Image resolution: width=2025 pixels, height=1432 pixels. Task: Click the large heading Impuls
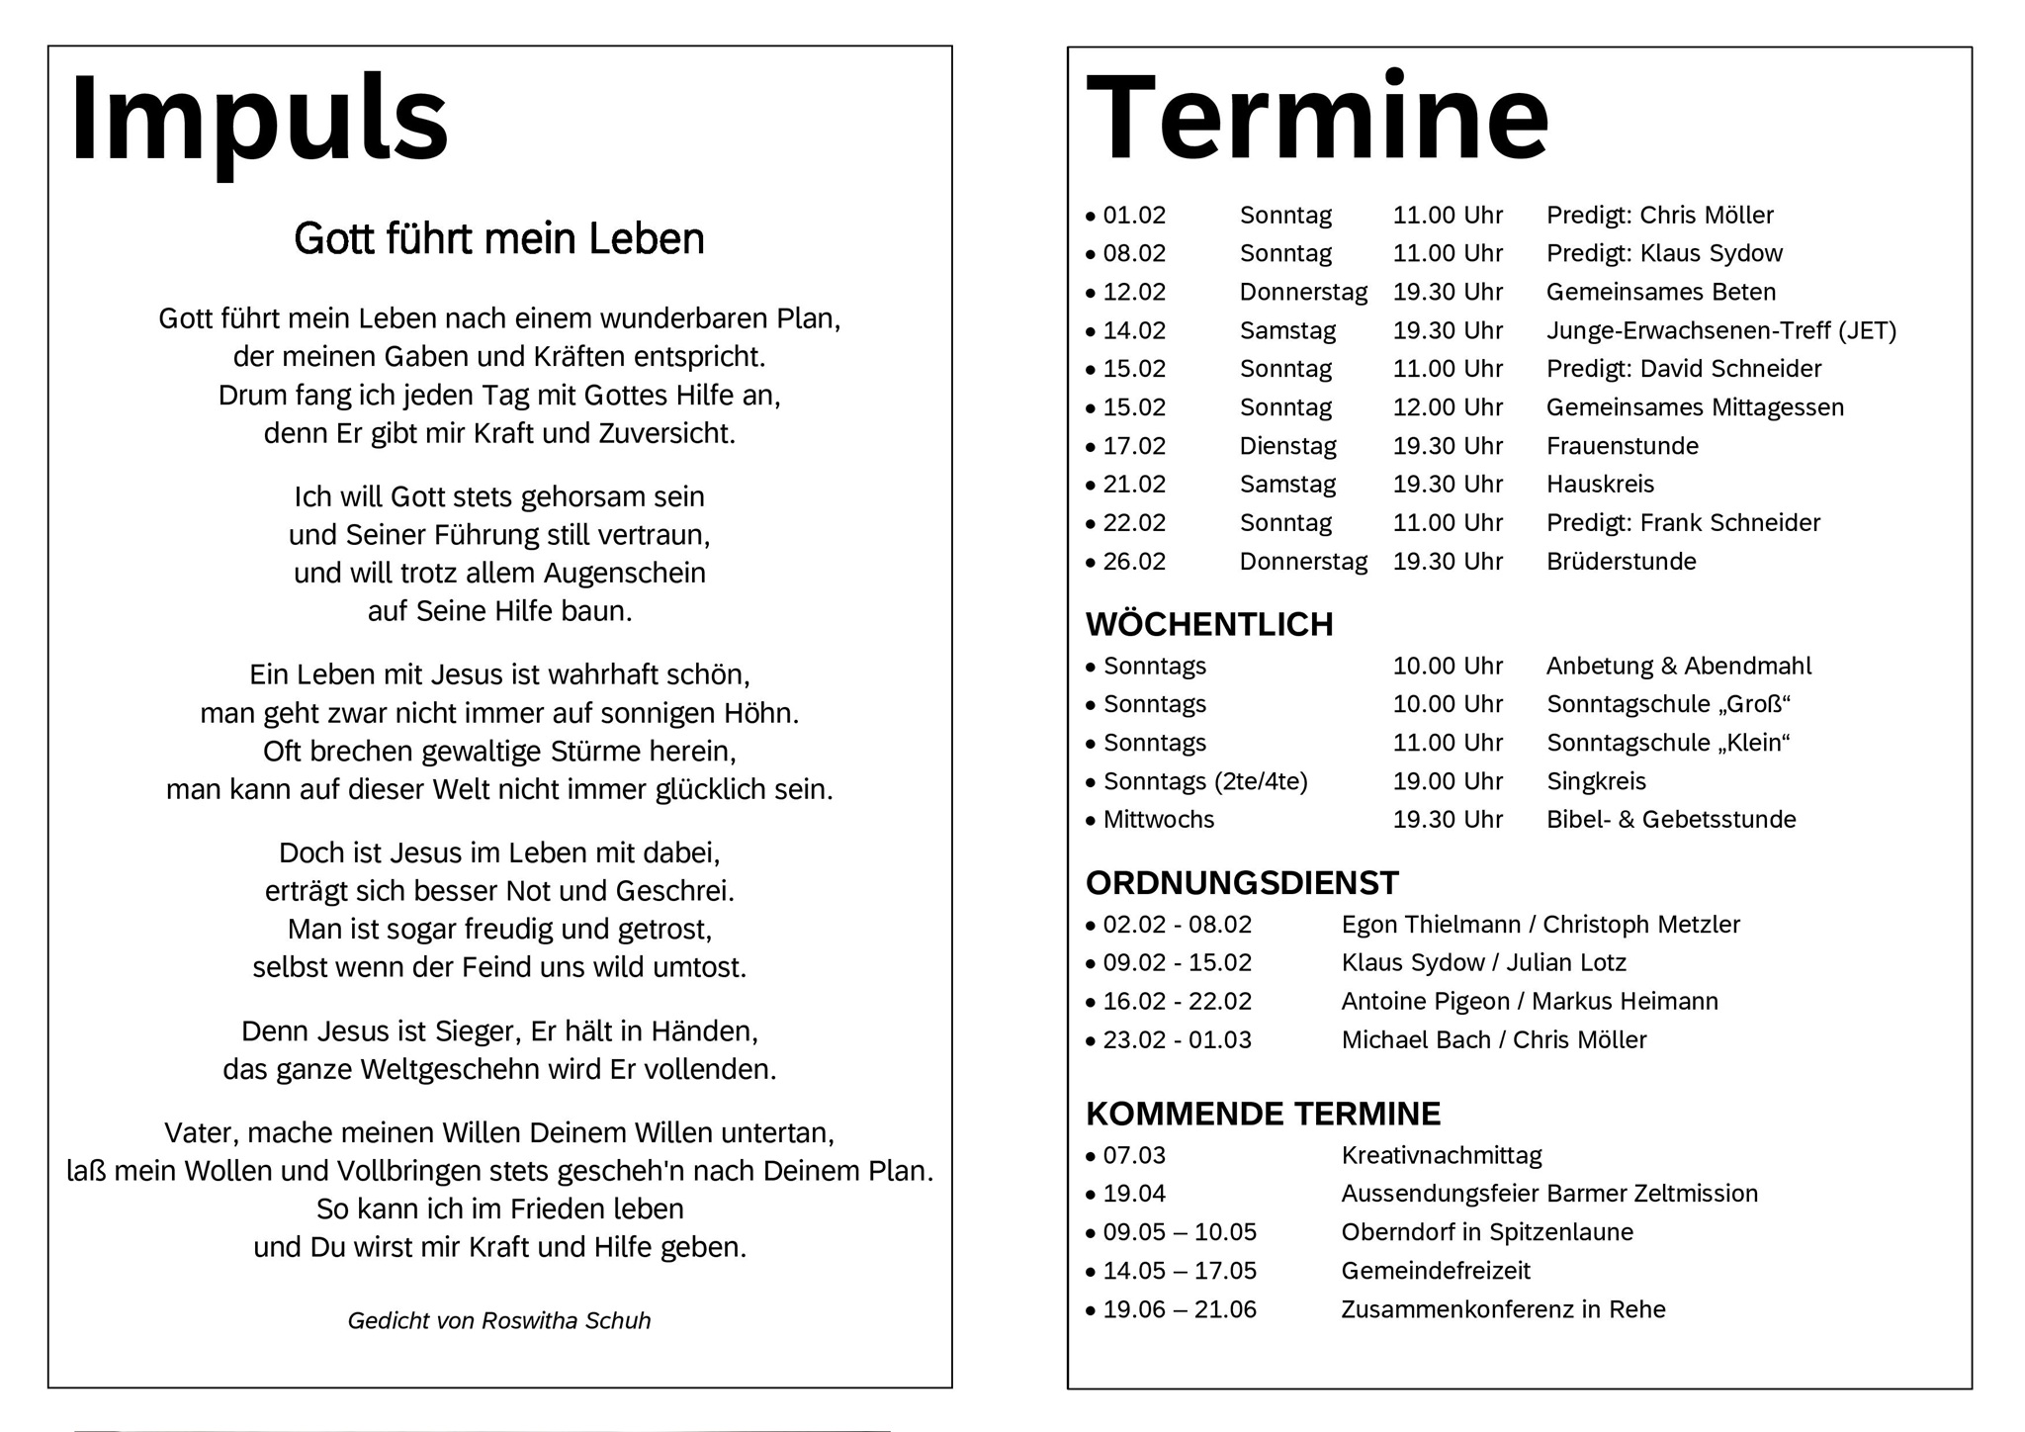pyautogui.click(x=259, y=119)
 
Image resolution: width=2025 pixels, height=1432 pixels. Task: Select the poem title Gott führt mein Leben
pyautogui.click(x=499, y=239)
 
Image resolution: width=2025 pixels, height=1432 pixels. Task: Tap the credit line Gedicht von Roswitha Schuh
pyautogui.click(x=499, y=1321)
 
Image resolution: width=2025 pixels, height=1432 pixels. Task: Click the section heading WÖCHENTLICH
pyautogui.click(x=1209, y=625)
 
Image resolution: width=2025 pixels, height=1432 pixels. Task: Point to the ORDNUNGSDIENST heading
pyautogui.click(x=1242, y=883)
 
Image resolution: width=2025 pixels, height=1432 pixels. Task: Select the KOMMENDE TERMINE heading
pyautogui.click(x=1263, y=1115)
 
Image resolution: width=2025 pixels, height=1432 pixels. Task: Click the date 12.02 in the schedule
pyautogui.click(x=1133, y=293)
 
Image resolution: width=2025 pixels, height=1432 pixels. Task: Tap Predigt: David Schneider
pyautogui.click(x=1683, y=369)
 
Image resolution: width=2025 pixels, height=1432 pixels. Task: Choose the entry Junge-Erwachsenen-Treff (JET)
pyautogui.click(x=1720, y=331)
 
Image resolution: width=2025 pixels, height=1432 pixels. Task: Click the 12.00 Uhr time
pyautogui.click(x=1448, y=407)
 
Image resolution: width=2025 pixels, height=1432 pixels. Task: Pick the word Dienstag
pyautogui.click(x=1287, y=446)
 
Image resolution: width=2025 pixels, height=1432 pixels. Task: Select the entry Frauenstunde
pyautogui.click(x=1622, y=446)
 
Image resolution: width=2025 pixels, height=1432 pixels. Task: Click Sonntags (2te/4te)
pyautogui.click(x=1204, y=782)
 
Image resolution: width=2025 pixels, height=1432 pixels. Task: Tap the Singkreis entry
pyautogui.click(x=1596, y=782)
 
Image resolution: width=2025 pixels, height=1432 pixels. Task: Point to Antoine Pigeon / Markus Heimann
pyautogui.click(x=1529, y=1002)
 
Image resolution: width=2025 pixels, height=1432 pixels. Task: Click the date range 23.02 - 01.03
pyautogui.click(x=1177, y=1040)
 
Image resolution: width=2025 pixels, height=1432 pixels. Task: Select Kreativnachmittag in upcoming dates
pyautogui.click(x=1441, y=1155)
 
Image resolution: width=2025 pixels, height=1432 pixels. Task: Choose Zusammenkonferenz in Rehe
pyautogui.click(x=1503, y=1310)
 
